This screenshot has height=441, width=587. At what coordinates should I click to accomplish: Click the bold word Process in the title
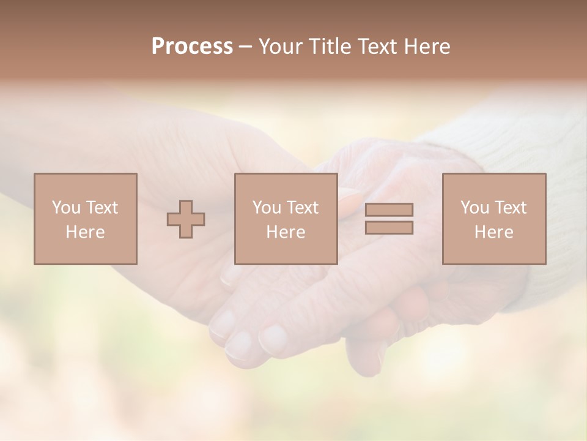pyautogui.click(x=192, y=47)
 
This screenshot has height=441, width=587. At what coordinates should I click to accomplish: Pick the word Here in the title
pyautogui.click(x=429, y=47)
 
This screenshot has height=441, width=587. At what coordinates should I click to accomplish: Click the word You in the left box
pyautogui.click(x=65, y=208)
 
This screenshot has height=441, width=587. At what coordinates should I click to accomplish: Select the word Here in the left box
pyautogui.click(x=85, y=232)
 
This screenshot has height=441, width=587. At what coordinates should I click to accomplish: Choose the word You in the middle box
pyautogui.click(x=266, y=208)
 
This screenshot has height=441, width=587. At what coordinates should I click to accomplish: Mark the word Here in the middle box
pyautogui.click(x=286, y=232)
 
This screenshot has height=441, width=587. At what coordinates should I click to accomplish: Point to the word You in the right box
pyautogui.click(x=474, y=208)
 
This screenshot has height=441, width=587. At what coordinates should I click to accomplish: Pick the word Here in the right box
pyautogui.click(x=493, y=232)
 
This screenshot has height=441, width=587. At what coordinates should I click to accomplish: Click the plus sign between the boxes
pyautogui.click(x=186, y=219)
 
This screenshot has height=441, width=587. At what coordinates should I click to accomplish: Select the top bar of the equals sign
pyautogui.click(x=389, y=209)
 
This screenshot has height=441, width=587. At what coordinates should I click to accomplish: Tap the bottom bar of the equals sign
pyautogui.click(x=389, y=227)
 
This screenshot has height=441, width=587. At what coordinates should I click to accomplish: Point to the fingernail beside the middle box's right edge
pyautogui.click(x=349, y=202)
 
